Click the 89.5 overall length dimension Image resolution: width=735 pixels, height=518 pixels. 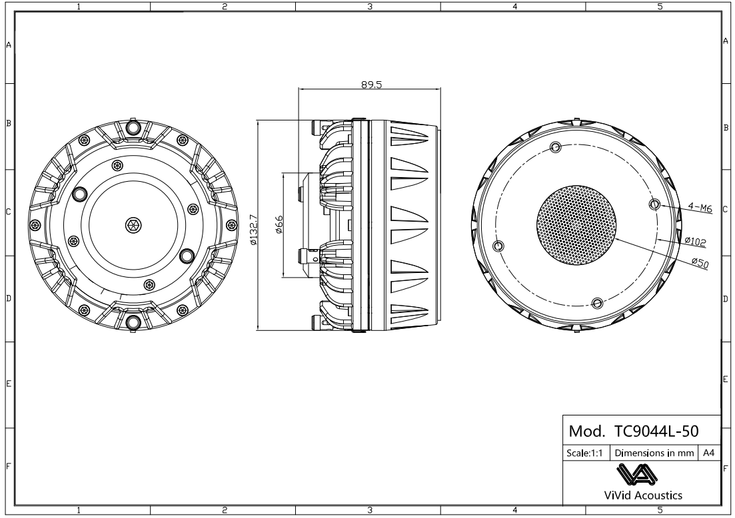370,85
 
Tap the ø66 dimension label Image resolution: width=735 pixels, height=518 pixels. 280,226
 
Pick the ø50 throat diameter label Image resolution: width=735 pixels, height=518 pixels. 699,263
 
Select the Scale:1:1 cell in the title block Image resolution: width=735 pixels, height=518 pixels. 585,452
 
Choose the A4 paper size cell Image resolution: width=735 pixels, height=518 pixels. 709,452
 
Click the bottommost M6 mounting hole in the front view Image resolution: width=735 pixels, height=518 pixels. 598,303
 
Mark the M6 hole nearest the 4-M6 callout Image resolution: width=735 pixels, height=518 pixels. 654,204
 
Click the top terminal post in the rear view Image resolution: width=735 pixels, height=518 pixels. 133,127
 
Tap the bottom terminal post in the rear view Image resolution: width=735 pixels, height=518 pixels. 133,323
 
